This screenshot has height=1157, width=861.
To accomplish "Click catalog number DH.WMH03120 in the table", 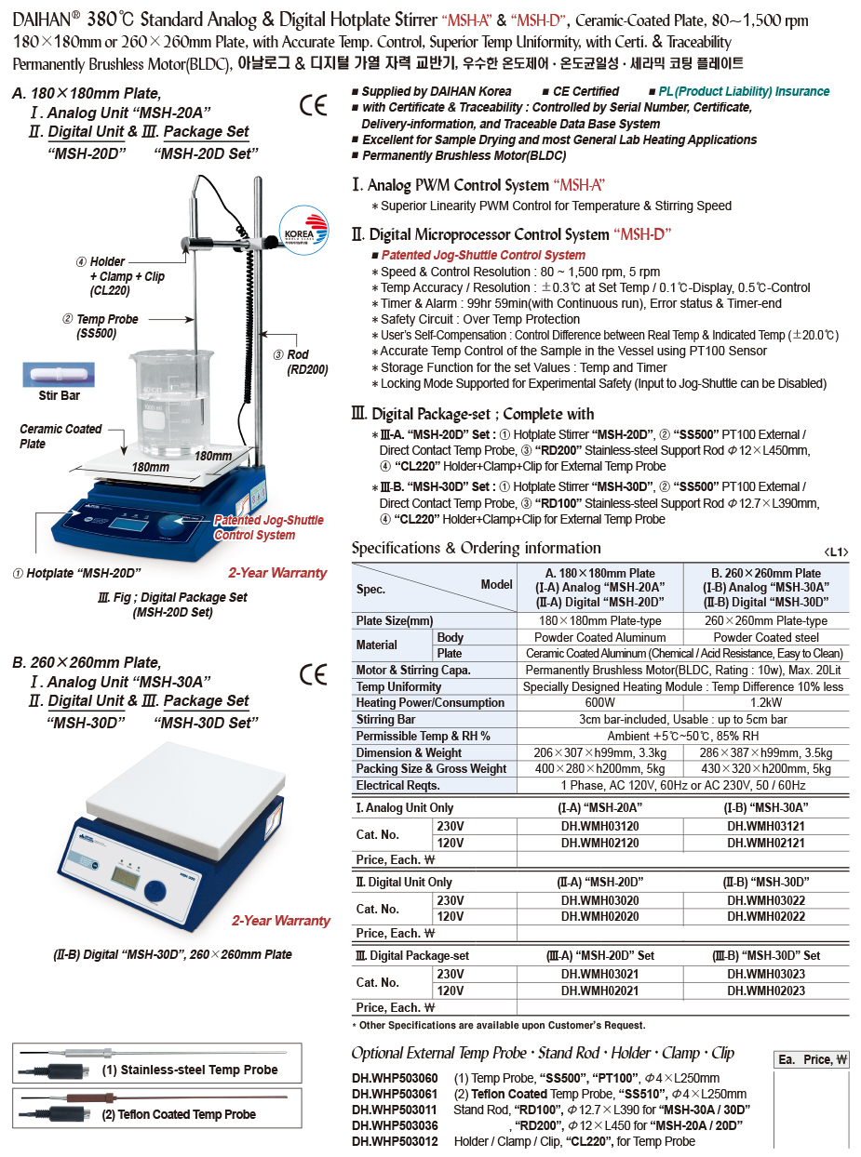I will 599,825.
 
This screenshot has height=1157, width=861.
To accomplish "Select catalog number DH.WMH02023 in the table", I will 766,991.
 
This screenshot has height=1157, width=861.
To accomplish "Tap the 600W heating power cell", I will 599,703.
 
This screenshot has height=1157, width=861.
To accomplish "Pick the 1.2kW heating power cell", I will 766,703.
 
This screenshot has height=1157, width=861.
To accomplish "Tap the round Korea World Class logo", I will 306,229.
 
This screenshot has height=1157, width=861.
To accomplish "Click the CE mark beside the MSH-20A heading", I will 314,105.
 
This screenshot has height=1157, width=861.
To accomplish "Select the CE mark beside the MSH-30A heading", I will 314,675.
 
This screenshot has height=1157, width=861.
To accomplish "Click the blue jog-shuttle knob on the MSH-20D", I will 173,524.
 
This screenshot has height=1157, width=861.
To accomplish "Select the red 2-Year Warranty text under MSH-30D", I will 280,921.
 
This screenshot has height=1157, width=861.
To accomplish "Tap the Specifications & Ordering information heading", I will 476,548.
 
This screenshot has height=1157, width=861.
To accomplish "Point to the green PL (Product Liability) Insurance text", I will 744,91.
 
